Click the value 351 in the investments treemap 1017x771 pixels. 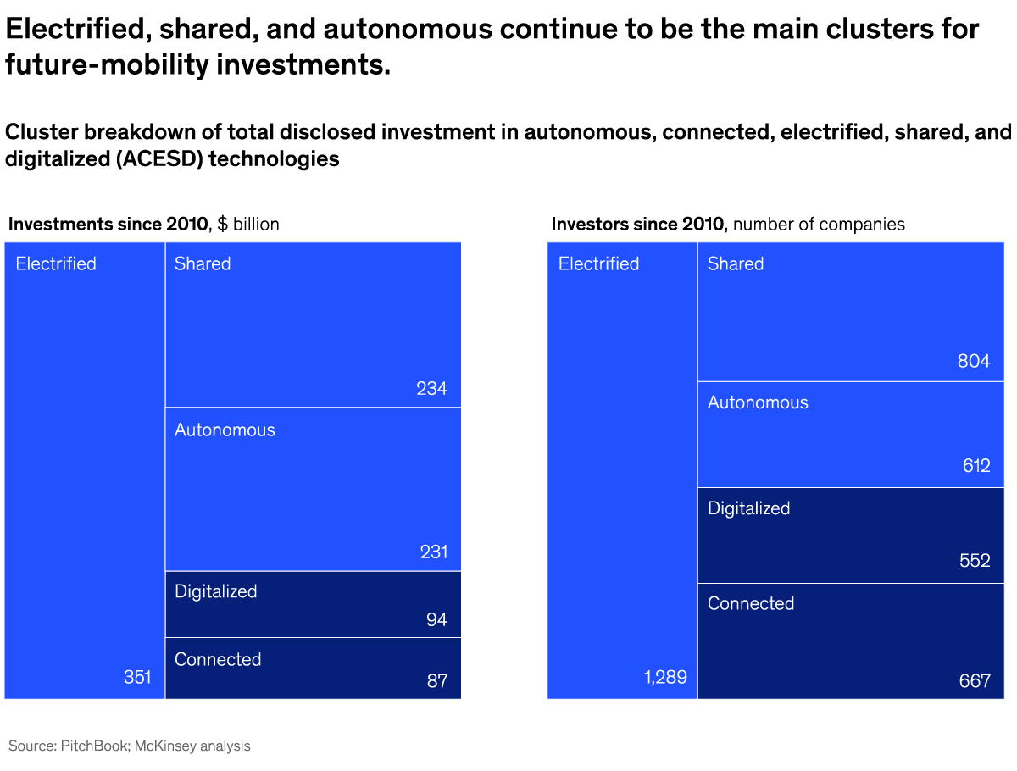pos(137,677)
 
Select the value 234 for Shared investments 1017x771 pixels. pos(431,389)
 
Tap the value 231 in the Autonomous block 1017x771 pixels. pos(433,552)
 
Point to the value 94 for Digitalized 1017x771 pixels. pos(436,620)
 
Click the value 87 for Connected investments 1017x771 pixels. pos(436,680)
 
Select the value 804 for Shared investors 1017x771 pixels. pos(974,361)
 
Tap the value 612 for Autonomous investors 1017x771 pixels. pos(975,466)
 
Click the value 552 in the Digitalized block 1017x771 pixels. pos(975,561)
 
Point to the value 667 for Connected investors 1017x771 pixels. pos(975,680)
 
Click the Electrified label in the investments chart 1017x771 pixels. pos(56,263)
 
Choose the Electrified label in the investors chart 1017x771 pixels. pos(598,263)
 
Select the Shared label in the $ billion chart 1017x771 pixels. pos(203,263)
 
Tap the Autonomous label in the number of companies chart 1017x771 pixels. pos(758,402)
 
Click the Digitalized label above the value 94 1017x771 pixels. pos(215,591)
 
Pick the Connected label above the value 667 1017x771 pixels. pos(751,603)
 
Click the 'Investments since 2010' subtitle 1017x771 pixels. pos(108,224)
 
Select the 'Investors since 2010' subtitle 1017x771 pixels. pos(637,224)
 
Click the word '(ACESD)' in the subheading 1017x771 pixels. pos(156,158)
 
